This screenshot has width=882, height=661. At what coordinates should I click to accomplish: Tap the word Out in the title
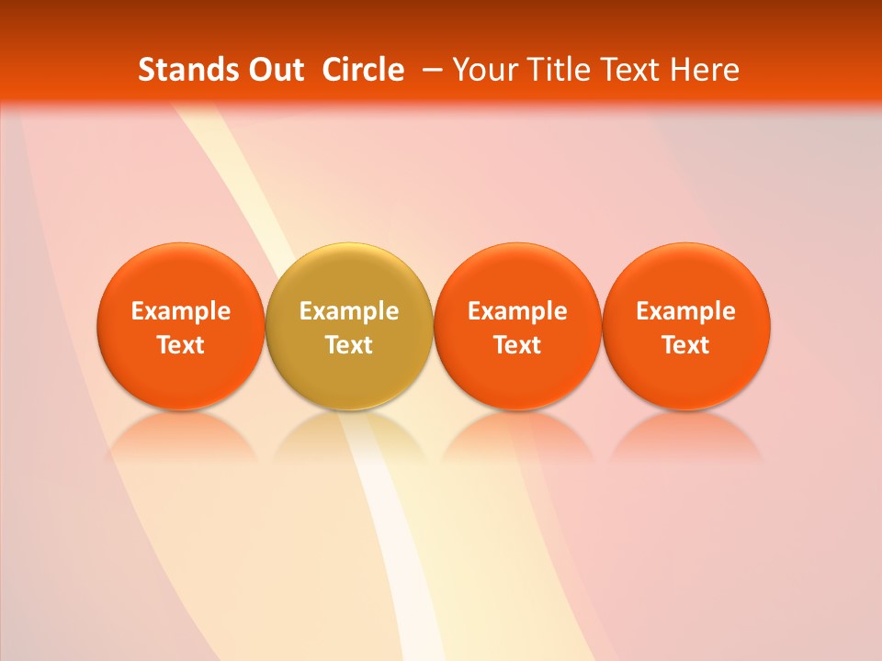click(274, 70)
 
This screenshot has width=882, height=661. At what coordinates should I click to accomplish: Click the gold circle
click(349, 275)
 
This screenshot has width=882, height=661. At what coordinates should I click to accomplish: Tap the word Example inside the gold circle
click(349, 311)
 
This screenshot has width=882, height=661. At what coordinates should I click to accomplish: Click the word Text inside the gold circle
click(349, 345)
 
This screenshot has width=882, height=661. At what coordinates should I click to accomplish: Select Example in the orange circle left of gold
click(181, 311)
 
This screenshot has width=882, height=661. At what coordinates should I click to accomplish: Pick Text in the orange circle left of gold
click(181, 345)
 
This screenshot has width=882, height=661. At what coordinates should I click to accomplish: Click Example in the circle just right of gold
click(517, 311)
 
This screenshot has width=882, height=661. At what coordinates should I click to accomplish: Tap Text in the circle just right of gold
click(517, 345)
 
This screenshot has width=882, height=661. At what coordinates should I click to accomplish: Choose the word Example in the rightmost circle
click(686, 311)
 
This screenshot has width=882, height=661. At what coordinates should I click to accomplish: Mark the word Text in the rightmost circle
click(686, 345)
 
